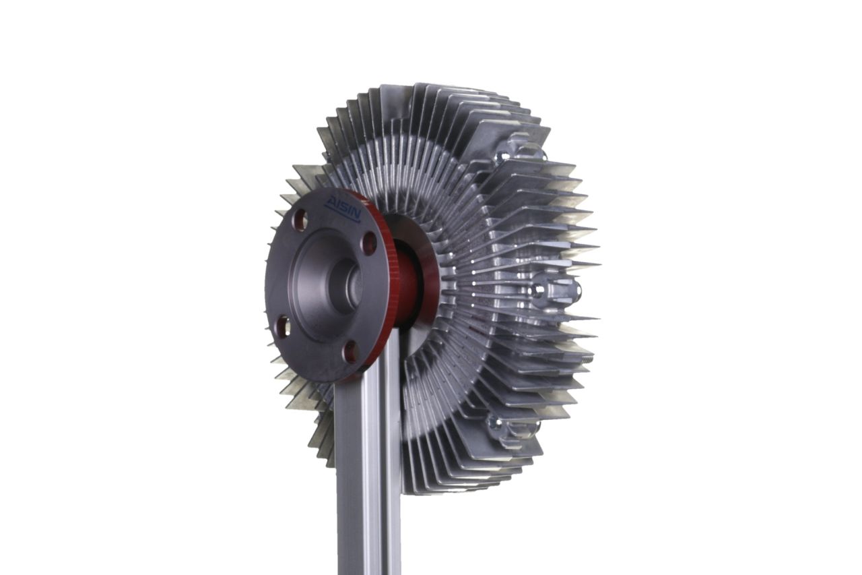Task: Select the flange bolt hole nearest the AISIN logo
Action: (302, 219)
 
